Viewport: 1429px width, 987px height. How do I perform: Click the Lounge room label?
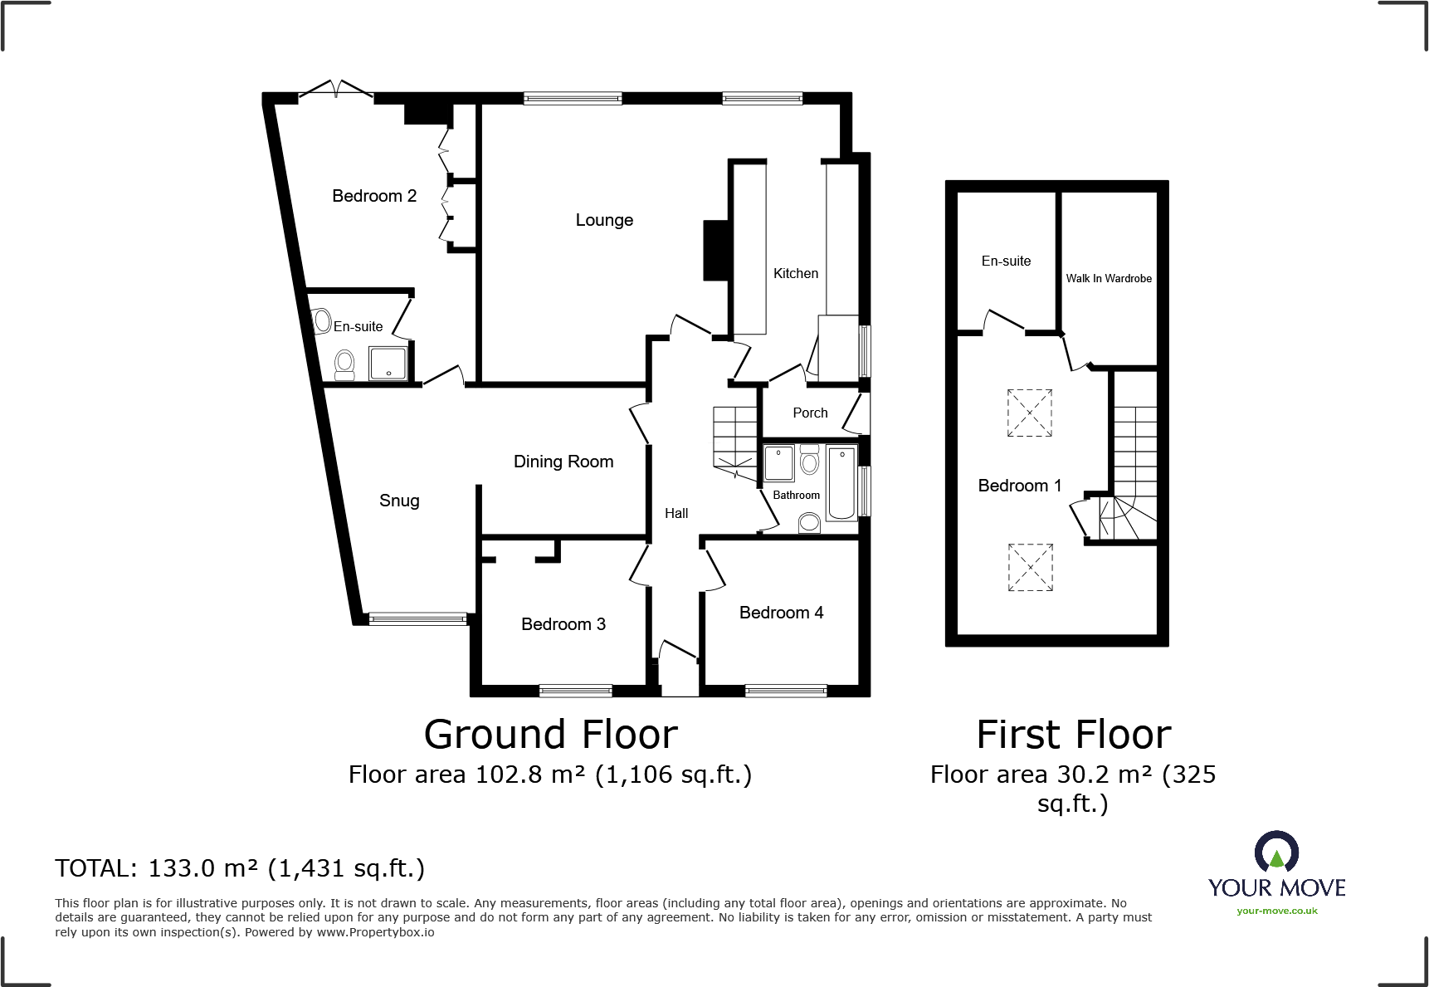coord(604,220)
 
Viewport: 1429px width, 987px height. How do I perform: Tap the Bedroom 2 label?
coord(374,196)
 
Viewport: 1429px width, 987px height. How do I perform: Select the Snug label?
coord(399,501)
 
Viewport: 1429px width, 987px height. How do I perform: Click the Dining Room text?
coord(563,462)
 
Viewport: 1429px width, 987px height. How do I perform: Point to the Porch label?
coord(810,413)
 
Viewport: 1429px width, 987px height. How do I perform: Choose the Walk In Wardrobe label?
coord(1109,278)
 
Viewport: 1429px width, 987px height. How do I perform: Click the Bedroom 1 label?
coord(1019,486)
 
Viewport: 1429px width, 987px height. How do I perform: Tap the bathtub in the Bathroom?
coord(841,483)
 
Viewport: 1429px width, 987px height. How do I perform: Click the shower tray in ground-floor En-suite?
coord(388,364)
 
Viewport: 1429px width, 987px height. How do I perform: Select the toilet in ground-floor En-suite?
coord(344,364)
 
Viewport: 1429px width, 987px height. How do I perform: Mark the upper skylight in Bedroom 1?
coord(1029,413)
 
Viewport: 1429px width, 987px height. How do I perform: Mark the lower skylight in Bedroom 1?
coord(1030,567)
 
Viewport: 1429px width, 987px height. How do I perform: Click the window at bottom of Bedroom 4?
coord(786,690)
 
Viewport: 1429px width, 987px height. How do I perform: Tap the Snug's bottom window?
coord(417,618)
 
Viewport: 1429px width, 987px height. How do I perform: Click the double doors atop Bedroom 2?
coord(335,90)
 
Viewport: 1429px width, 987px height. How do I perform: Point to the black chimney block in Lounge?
coord(715,250)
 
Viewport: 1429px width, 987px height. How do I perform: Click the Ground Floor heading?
coord(550,735)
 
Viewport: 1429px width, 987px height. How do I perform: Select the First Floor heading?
coord(1073,735)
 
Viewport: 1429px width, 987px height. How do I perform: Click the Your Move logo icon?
coord(1276,853)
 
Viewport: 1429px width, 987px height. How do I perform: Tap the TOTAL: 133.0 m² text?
coord(240,868)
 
